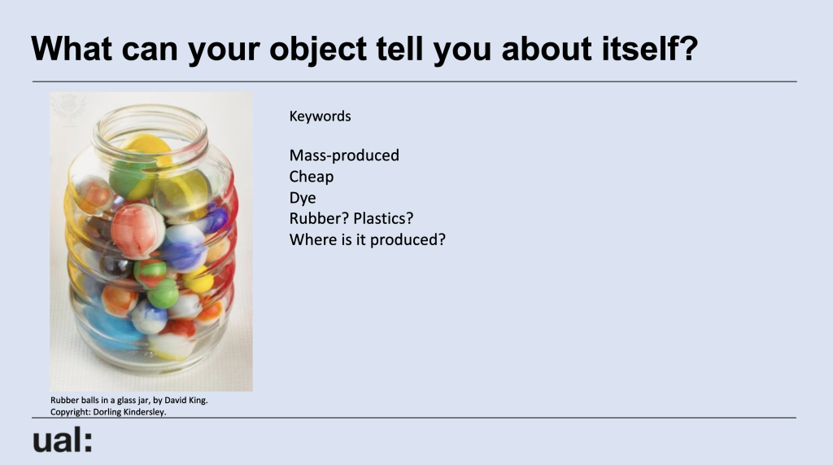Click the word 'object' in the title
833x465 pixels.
(318, 50)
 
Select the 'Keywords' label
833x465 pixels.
(320, 116)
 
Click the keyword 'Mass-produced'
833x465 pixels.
(344, 156)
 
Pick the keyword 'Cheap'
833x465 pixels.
(312, 177)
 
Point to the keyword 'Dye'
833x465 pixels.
(303, 198)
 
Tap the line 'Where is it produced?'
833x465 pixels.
(368, 240)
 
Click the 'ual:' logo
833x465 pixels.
(63, 441)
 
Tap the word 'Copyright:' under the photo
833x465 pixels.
(71, 412)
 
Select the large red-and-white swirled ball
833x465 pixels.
(137, 231)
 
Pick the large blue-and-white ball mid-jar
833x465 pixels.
(184, 248)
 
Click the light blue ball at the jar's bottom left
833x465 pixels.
(111, 326)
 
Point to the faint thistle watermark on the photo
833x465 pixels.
(68, 108)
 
